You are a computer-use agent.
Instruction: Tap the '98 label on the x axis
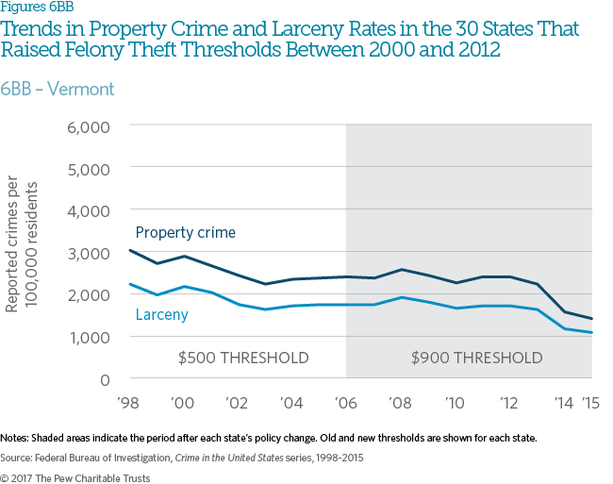point(128,401)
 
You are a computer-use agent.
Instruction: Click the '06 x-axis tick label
point(346,401)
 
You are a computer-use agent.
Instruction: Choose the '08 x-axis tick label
point(401,401)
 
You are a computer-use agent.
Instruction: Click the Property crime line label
point(185,232)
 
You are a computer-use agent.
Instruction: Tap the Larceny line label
point(161,314)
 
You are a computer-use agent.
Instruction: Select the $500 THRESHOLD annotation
point(243,359)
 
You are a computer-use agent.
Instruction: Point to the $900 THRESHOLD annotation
point(476,359)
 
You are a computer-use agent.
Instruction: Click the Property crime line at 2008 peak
point(401,270)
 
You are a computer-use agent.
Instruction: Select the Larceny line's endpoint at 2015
point(591,332)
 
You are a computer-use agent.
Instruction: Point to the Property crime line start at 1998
point(130,250)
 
